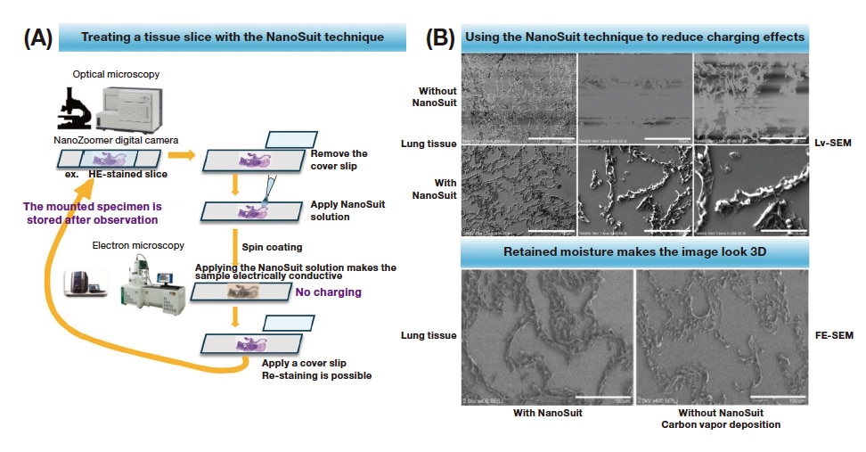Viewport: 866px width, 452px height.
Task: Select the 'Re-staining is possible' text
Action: click(316, 375)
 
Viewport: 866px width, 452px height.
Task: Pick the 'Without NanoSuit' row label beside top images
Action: click(435, 96)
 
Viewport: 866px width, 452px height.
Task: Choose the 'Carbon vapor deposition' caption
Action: click(720, 424)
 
